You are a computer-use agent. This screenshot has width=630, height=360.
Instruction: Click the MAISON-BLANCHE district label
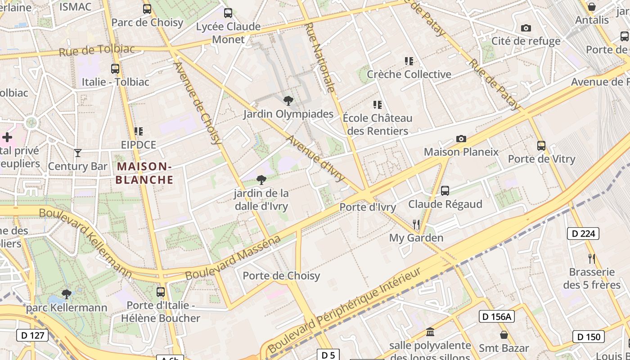click(144, 173)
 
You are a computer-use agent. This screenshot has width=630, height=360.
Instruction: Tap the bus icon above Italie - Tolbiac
click(115, 69)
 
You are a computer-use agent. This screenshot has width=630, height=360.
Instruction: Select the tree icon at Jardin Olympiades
click(288, 100)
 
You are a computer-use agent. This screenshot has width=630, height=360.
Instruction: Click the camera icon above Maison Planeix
click(461, 139)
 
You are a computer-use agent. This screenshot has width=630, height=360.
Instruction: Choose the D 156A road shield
click(496, 316)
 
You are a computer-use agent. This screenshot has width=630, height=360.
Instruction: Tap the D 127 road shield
click(32, 335)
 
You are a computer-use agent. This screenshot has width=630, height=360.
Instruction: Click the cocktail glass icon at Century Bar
click(78, 153)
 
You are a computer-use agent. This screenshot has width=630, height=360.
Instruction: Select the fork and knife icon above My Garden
click(416, 224)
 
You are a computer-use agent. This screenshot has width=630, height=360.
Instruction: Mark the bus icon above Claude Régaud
click(445, 191)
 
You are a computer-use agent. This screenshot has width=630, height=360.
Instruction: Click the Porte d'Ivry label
click(368, 207)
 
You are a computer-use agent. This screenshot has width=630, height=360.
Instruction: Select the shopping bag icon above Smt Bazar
click(504, 335)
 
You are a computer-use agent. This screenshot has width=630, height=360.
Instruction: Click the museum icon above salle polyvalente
click(430, 332)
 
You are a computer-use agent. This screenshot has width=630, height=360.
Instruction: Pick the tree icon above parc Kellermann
click(67, 294)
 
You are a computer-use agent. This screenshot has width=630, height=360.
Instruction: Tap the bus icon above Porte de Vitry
click(541, 146)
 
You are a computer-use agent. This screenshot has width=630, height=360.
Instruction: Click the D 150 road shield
click(589, 337)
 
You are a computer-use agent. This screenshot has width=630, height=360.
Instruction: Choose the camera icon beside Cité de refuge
click(526, 28)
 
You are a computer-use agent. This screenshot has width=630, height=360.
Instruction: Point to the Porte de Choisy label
click(281, 276)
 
